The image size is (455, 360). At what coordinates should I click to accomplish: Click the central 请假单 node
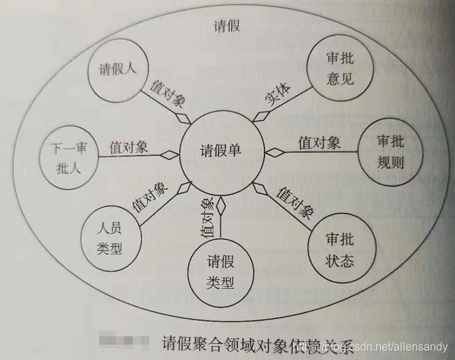pos(221,151)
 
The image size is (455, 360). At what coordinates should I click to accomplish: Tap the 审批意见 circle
pos(339,68)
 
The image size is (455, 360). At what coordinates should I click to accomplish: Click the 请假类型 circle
pos(221,272)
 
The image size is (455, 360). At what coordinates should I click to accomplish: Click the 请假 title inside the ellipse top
pos(226,26)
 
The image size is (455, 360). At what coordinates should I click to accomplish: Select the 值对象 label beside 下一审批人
pos(128,147)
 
